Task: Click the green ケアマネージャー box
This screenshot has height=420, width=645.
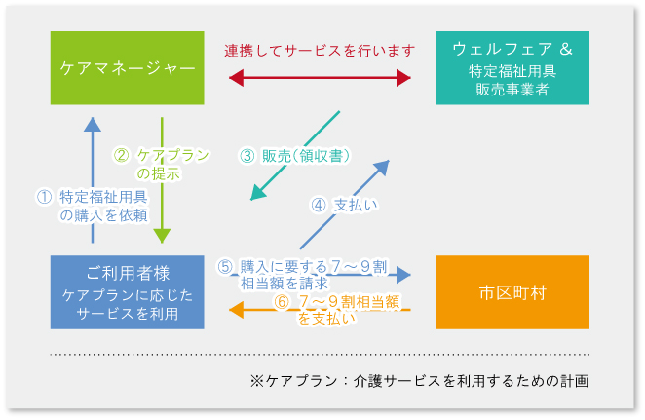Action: click(128, 68)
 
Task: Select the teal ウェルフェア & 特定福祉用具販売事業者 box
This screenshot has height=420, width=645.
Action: click(512, 68)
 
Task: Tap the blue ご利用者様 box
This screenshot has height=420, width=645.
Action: click(128, 291)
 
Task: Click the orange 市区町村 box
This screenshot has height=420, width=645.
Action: click(512, 291)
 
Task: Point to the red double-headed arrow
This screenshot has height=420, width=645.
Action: click(321, 79)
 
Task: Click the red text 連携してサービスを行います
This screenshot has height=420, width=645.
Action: click(321, 50)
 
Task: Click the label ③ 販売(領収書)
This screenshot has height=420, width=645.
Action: click(294, 156)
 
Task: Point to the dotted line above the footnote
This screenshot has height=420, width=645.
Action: click(321, 354)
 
